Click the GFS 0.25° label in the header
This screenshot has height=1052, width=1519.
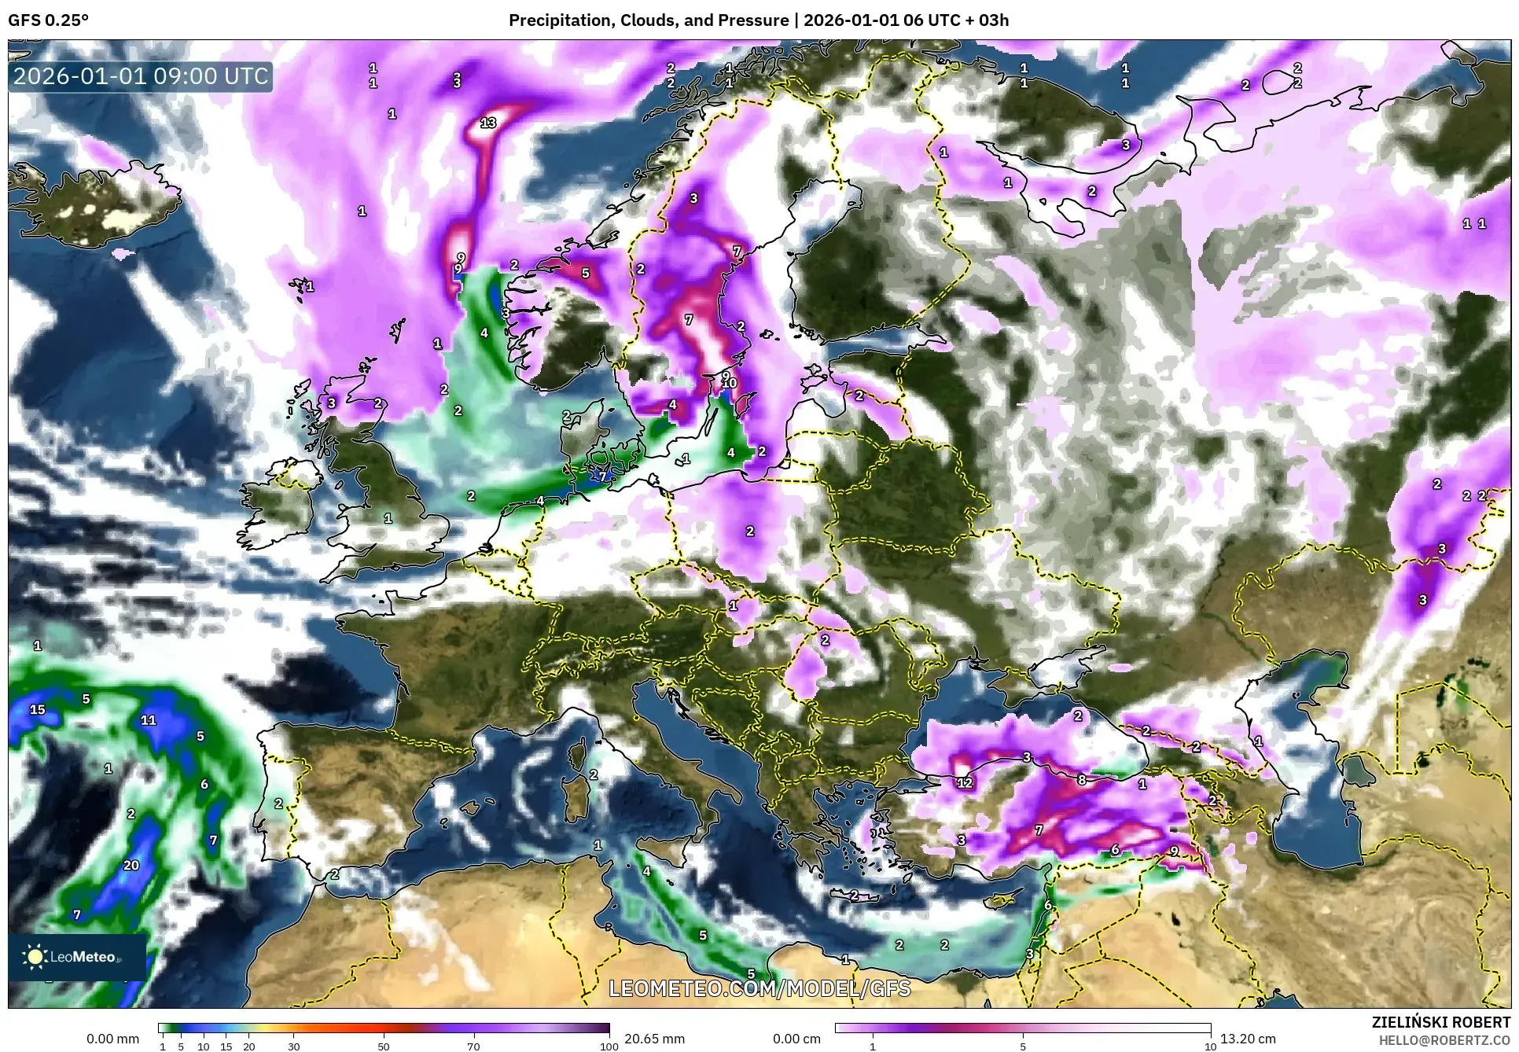(48, 20)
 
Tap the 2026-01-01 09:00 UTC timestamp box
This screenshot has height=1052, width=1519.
(141, 76)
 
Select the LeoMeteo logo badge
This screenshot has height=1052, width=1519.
(77, 957)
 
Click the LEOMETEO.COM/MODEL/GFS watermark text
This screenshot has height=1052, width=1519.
(759, 988)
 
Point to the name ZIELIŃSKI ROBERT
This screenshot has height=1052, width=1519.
(1441, 1023)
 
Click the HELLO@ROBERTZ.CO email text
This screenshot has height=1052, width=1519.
(1444, 1040)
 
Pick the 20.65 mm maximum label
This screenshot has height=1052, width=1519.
(654, 1039)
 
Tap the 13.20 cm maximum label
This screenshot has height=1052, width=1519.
(1248, 1039)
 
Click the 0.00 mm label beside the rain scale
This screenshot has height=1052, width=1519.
(112, 1039)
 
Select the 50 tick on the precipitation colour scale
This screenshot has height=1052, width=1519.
(384, 1046)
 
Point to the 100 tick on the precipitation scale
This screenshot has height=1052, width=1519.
(609, 1046)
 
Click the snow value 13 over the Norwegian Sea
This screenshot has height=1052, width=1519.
(488, 123)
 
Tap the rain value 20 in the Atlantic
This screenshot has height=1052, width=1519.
(131, 866)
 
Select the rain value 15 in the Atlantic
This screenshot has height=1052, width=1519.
(37, 709)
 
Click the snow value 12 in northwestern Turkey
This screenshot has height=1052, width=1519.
(965, 783)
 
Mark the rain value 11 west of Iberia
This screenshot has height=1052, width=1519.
(149, 719)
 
